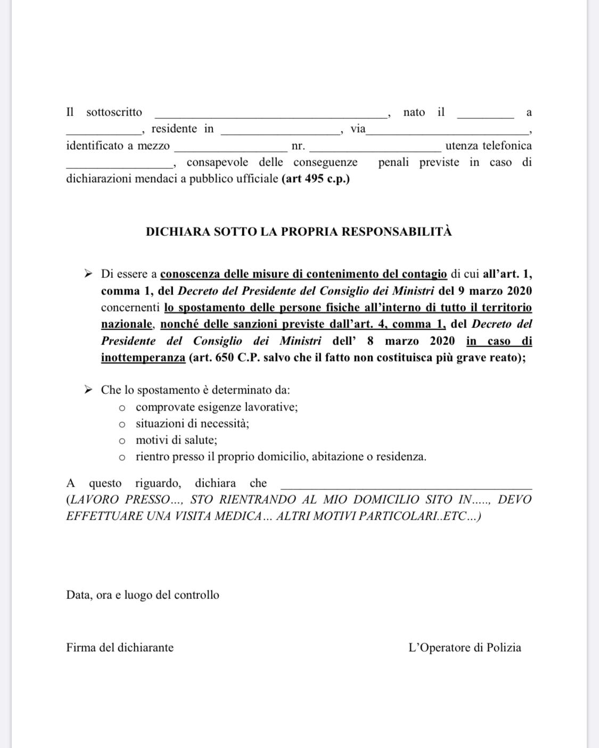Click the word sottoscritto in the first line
tap(114, 112)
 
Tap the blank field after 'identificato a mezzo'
tap(231, 149)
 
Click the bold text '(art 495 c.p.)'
tap(316, 179)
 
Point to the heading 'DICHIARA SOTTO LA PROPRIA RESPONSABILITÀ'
tap(299, 232)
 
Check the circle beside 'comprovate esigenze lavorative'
tap(122, 408)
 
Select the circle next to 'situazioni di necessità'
tap(122, 425)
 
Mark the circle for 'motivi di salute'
tap(122, 441)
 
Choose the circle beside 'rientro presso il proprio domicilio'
tap(122, 458)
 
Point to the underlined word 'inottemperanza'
tap(143, 358)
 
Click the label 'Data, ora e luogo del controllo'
tap(143, 595)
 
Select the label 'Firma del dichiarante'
tap(120, 648)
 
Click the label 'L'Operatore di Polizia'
tap(464, 648)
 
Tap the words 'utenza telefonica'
tap(488, 146)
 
